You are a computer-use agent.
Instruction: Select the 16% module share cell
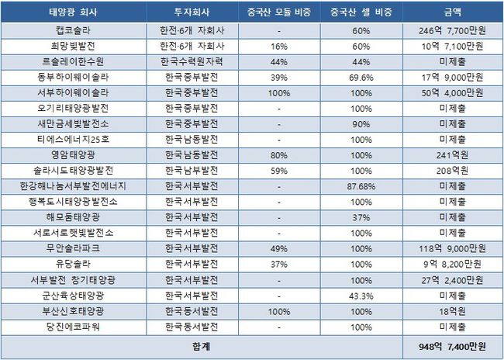(x=276, y=47)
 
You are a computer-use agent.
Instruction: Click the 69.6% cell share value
(x=358, y=78)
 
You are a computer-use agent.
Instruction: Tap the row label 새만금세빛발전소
(x=77, y=124)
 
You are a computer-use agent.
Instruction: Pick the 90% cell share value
(x=358, y=124)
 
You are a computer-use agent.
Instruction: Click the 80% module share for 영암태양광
(x=276, y=154)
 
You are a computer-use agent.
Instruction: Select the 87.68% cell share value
(x=358, y=185)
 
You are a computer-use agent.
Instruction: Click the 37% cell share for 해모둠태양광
(x=358, y=216)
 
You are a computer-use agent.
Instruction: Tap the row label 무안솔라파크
(x=77, y=248)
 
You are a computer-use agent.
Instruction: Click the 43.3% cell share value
(x=358, y=295)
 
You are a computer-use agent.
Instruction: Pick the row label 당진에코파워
(x=77, y=326)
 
